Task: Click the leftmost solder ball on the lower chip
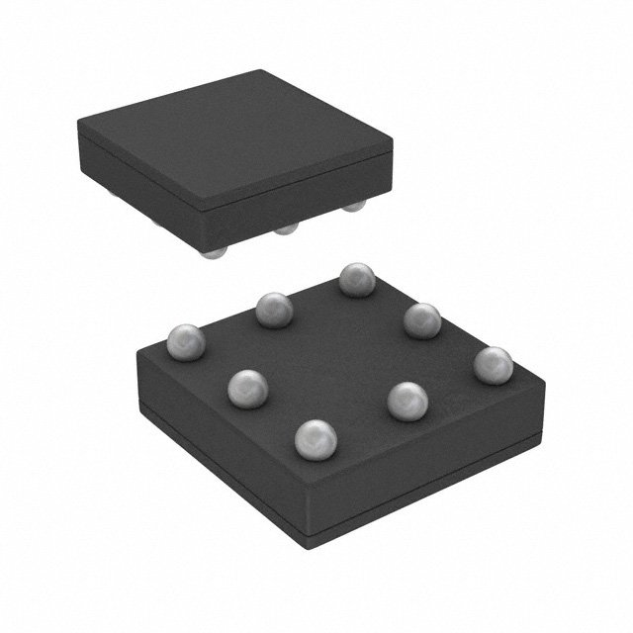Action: (186, 342)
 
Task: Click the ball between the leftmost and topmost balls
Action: (274, 311)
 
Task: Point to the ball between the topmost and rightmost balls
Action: (422, 319)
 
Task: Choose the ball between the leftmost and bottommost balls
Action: (247, 387)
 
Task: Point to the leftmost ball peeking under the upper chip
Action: (211, 253)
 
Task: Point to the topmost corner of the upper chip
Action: (260, 71)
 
